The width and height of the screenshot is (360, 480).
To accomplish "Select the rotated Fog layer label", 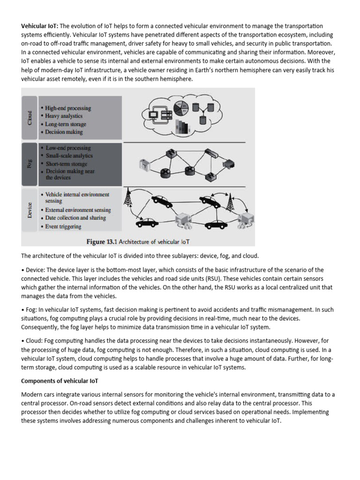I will pyautogui.click(x=30, y=164).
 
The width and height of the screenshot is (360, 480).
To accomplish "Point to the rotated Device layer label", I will pyautogui.click(x=30, y=210).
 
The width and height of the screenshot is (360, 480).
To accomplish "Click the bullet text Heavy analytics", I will pyautogui.click(x=64, y=116).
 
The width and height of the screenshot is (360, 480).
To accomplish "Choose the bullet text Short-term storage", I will pyautogui.click(x=67, y=164).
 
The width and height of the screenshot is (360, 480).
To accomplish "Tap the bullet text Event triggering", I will pyautogui.click(x=64, y=226).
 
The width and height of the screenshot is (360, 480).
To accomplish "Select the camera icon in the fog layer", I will pyautogui.click(x=144, y=165).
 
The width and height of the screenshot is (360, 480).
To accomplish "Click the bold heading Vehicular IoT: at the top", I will pyautogui.click(x=40, y=26).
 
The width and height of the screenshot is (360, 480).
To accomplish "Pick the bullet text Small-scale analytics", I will pyautogui.click(x=69, y=156).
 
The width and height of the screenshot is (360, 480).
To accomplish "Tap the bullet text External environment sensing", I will pyautogui.click(x=78, y=210).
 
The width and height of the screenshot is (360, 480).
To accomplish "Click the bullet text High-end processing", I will pyautogui.click(x=68, y=108).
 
